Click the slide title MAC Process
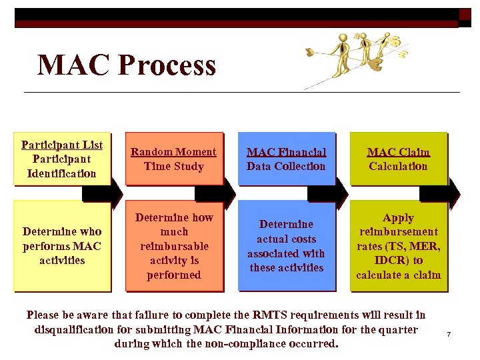click(127, 65)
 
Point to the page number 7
click(449, 333)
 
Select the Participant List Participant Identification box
click(62, 159)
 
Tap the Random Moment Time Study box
click(174, 159)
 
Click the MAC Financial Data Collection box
click(286, 159)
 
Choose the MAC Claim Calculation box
click(398, 159)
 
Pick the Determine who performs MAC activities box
click(62, 245)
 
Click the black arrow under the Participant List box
click(102, 193)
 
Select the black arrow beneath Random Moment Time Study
click(215, 193)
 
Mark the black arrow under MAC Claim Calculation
click(440, 193)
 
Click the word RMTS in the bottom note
click(271, 315)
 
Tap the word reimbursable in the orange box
click(174, 246)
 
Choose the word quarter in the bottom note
click(398, 329)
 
